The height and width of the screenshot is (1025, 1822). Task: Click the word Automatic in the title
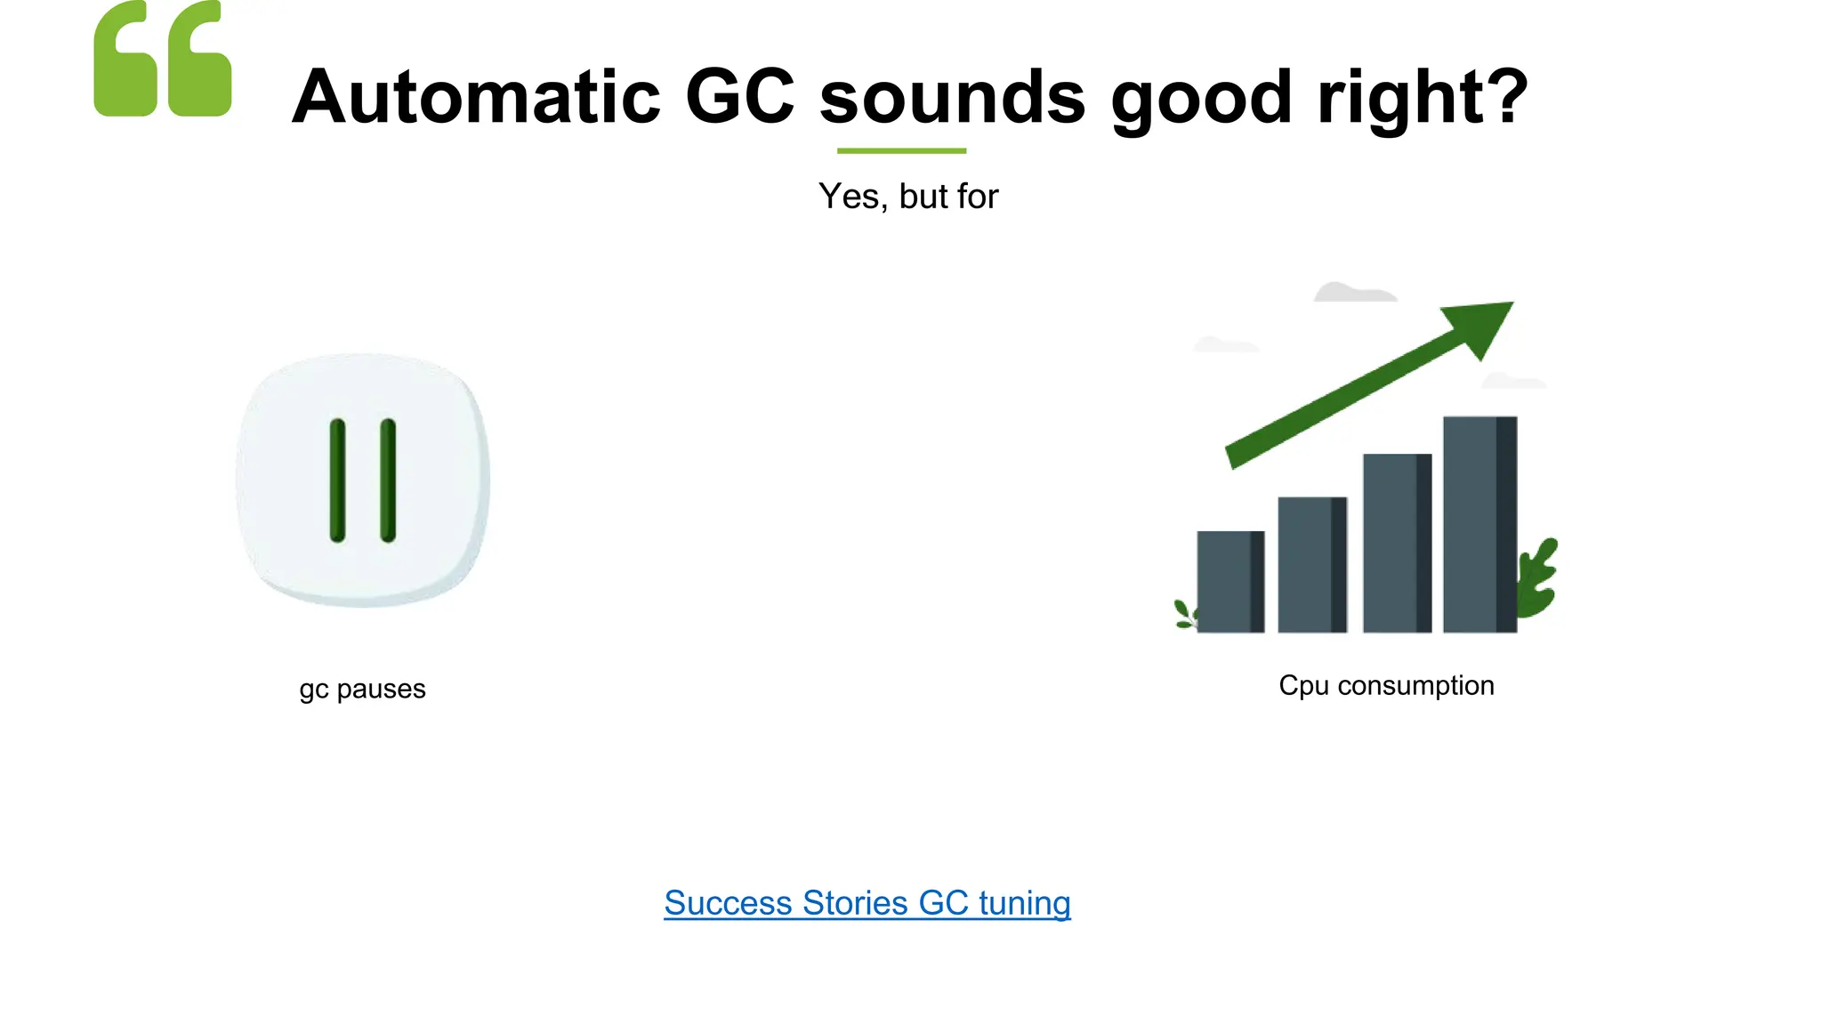click(x=476, y=97)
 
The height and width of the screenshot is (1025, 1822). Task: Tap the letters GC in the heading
click(x=739, y=97)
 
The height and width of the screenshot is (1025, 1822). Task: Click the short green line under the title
click(x=901, y=151)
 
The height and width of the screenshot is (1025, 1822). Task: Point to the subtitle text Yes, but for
click(x=908, y=197)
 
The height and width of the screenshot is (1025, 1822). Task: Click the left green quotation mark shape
click(x=125, y=60)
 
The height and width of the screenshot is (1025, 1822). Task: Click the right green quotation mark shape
click(x=200, y=60)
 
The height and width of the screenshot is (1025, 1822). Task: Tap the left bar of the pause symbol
click(x=337, y=480)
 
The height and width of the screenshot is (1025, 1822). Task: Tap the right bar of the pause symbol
click(x=388, y=480)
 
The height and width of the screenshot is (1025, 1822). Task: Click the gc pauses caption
click(x=362, y=690)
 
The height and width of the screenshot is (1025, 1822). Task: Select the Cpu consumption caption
click(x=1386, y=686)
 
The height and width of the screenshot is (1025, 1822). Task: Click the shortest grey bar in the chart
click(x=1229, y=582)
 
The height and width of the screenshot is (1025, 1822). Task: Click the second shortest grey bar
click(x=1311, y=565)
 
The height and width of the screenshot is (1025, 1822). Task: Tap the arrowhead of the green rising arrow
click(x=1482, y=325)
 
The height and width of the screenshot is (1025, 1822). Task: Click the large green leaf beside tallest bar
click(x=1538, y=578)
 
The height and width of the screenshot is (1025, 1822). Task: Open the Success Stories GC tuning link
click(x=867, y=903)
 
